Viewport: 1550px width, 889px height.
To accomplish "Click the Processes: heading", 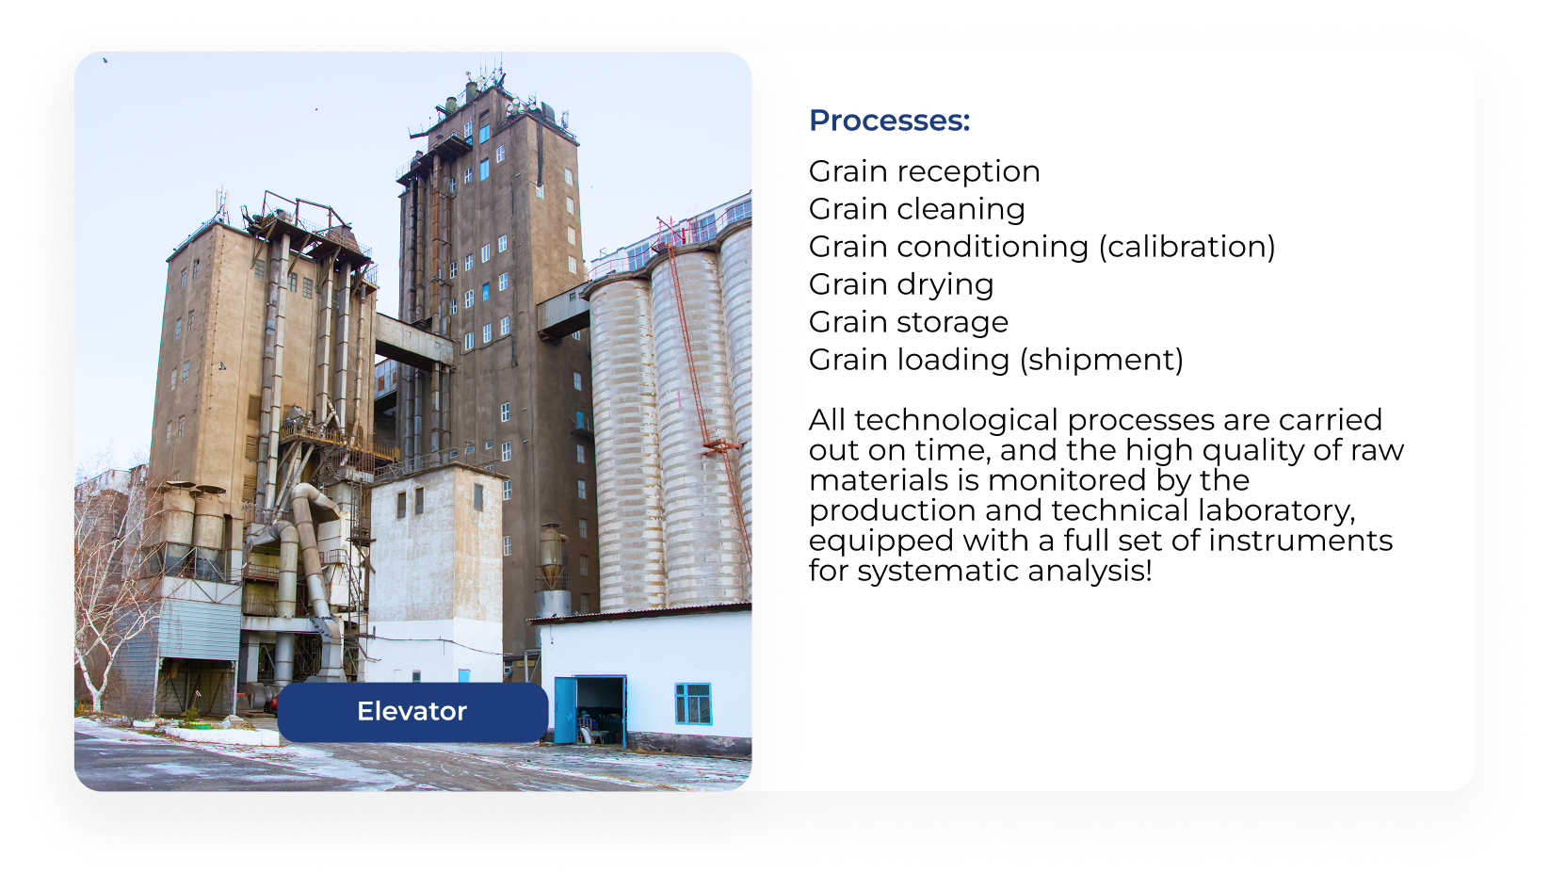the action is (889, 121).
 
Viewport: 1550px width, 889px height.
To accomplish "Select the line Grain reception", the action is (924, 171).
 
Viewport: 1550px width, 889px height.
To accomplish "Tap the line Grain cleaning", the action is (917, 209).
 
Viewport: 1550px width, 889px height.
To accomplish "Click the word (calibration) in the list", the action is (1187, 247).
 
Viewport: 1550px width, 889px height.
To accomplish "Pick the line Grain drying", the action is (901, 284).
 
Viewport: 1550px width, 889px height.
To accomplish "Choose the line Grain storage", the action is (909, 322).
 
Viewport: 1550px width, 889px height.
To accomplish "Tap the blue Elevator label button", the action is (412, 712).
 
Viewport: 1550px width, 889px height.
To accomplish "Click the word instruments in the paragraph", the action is (1300, 541).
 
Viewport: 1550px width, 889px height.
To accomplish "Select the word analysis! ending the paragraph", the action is (1090, 571).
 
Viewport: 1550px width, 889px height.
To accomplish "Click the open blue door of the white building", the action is (565, 710).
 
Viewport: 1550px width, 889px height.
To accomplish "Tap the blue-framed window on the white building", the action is (693, 703).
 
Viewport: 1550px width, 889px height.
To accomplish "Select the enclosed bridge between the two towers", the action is (413, 340).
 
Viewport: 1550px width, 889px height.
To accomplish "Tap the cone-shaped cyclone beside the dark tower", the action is (552, 557).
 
